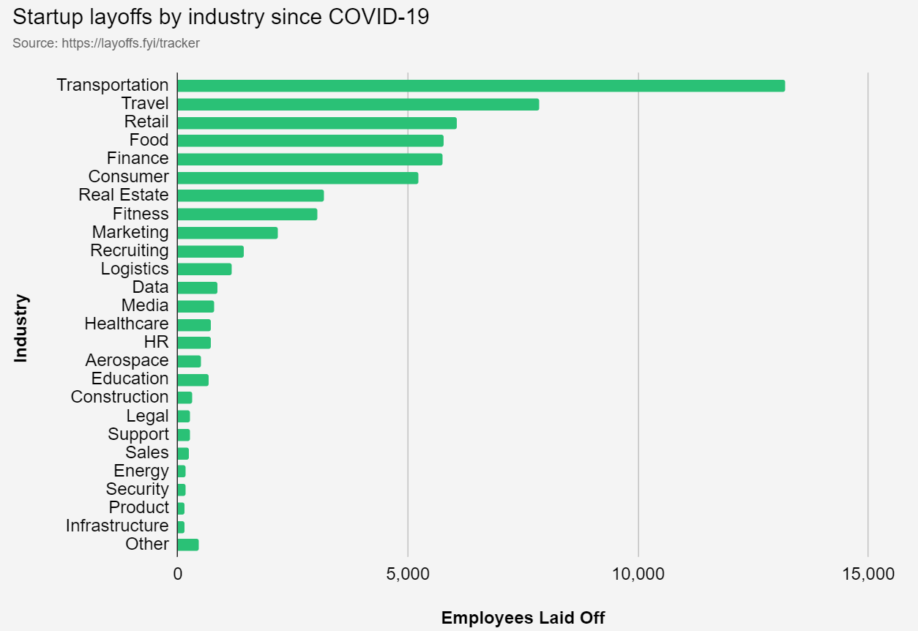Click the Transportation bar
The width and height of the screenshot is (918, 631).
click(x=481, y=86)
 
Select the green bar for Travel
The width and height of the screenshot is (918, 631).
click(x=358, y=104)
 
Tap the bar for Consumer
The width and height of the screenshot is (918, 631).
click(x=297, y=178)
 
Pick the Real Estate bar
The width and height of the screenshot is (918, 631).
click(x=250, y=195)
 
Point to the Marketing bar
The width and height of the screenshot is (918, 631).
click(x=227, y=233)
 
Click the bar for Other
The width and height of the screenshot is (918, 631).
click(x=187, y=545)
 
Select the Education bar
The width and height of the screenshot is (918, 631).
click(x=193, y=380)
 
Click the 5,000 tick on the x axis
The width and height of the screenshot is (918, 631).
click(x=408, y=573)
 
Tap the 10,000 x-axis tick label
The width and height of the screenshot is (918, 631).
click(x=638, y=573)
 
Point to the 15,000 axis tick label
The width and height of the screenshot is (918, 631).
click(x=867, y=573)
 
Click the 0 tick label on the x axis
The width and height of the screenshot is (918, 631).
click(x=177, y=573)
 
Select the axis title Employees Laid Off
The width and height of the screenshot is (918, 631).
click(x=523, y=618)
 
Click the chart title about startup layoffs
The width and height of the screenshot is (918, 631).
click(x=220, y=17)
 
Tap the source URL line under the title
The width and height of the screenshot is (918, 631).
click(x=106, y=43)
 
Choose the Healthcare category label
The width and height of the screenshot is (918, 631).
click(x=126, y=324)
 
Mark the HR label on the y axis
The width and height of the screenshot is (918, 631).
click(x=156, y=342)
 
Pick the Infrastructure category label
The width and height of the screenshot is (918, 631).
click(x=117, y=526)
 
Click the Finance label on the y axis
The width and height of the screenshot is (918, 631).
click(x=137, y=158)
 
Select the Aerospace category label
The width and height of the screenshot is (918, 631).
click(x=127, y=360)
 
